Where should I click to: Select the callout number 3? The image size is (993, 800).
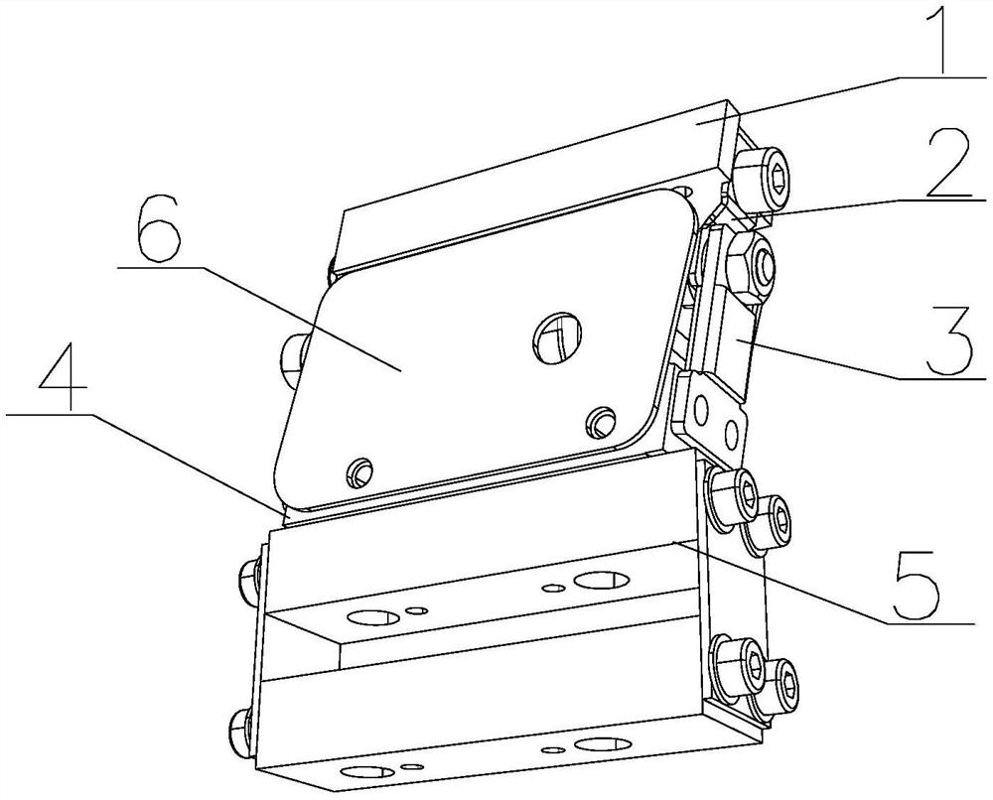tap(948, 341)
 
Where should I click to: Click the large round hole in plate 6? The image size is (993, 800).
tap(557, 337)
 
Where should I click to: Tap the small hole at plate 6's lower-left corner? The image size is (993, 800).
tap(359, 470)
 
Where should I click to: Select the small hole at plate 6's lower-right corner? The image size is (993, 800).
tap(600, 422)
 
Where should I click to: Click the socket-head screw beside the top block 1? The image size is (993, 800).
tap(762, 179)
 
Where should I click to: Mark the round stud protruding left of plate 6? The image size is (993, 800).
tap(293, 359)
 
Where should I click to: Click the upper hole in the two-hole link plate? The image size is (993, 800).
tap(700, 411)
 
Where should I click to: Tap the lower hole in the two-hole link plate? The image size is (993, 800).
tap(732, 433)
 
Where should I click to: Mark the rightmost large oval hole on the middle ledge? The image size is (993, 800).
tap(601, 579)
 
